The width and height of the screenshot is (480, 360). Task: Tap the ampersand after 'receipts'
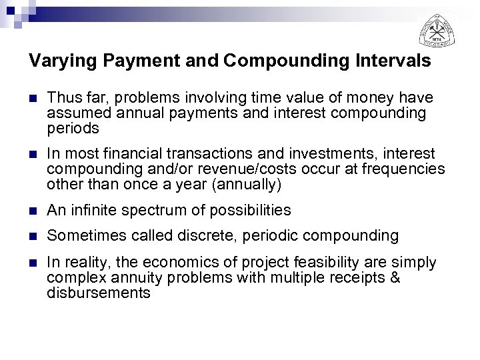coord(395,277)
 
